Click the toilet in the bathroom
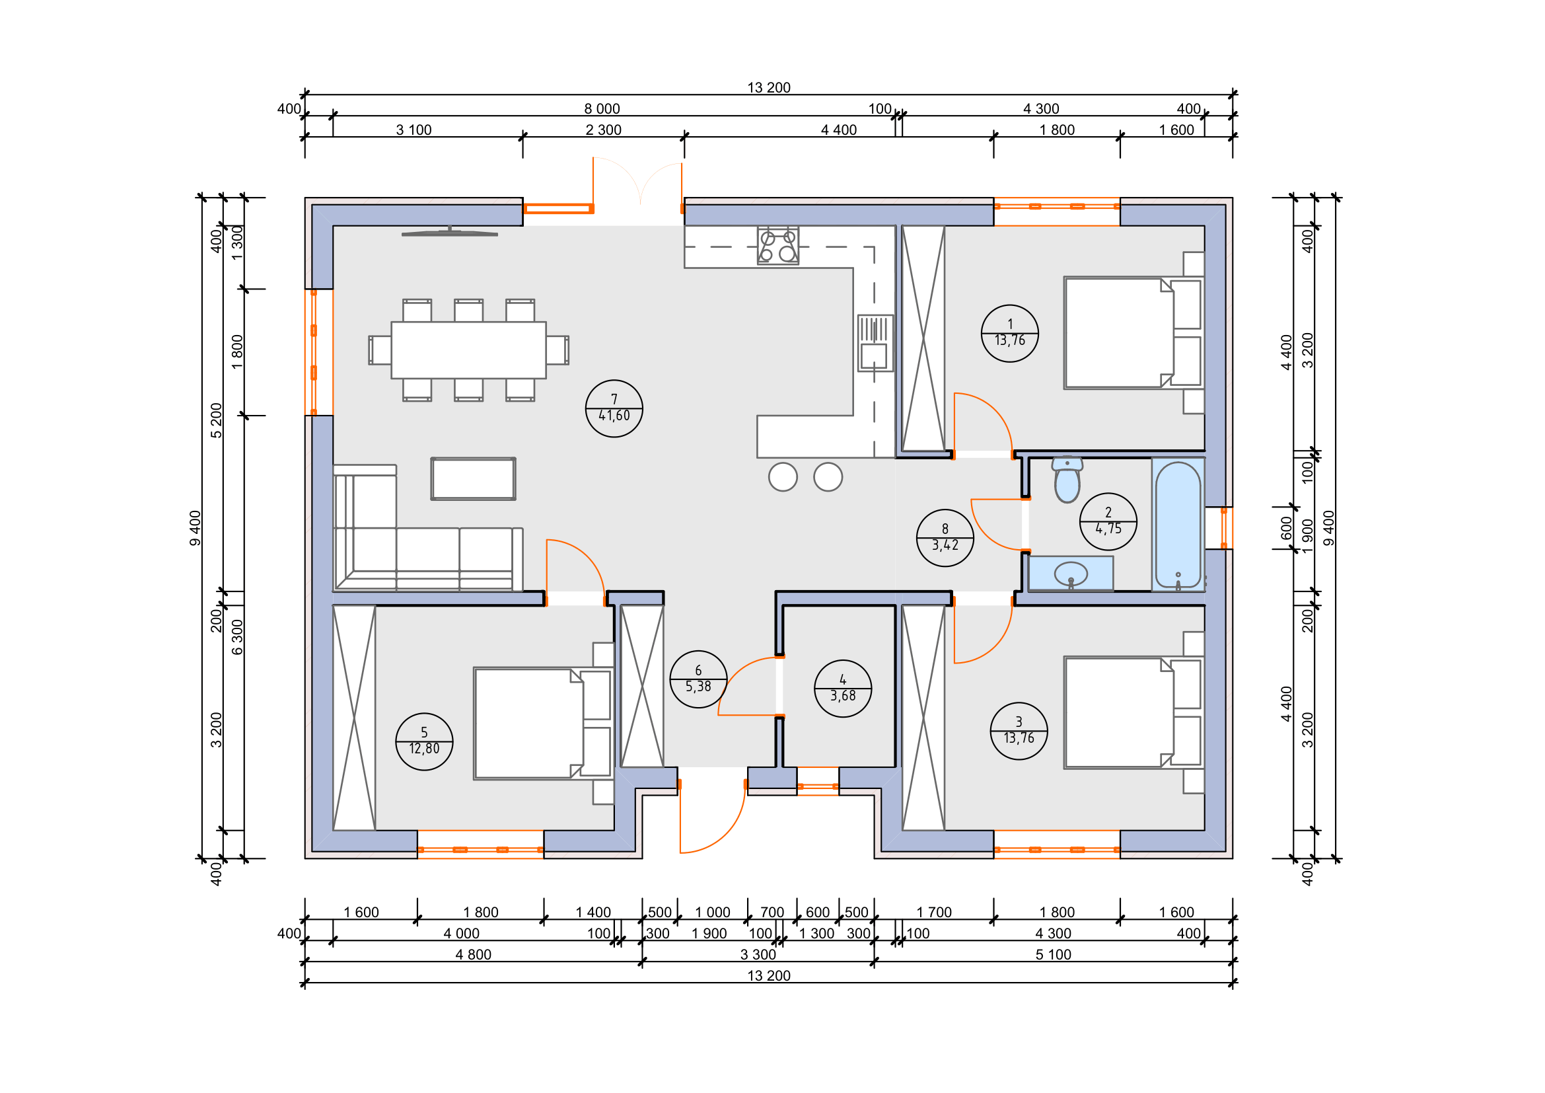pos(1067,480)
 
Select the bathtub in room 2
pos(1178,525)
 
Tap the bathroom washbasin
pos(1071,574)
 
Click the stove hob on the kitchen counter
pos(778,246)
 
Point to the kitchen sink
pos(875,343)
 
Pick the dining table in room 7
pos(468,350)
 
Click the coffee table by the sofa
pos(474,479)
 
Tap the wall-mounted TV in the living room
pos(450,232)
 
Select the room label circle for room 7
pos(614,408)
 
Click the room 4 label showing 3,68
pos(843,689)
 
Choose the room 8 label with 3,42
pos(945,538)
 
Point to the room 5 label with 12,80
pos(424,741)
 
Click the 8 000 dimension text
pos(602,109)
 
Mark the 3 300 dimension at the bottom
pos(758,955)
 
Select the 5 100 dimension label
pos(1053,955)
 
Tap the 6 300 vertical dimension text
pos(238,637)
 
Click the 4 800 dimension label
pos(473,955)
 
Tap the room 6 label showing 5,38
pos(698,679)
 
